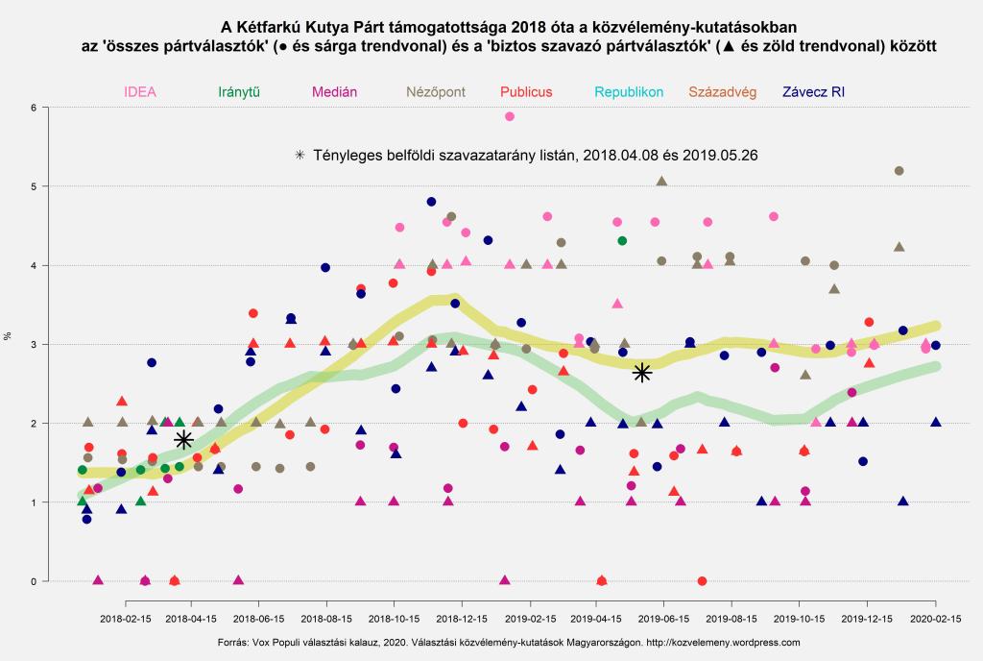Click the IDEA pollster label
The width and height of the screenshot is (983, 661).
pos(139,92)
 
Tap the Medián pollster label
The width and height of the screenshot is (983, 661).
pos(334,92)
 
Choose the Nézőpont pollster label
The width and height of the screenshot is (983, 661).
pos(436,92)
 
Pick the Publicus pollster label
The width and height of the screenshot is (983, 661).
pos(525,92)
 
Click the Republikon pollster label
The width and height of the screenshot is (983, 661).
pos(629,92)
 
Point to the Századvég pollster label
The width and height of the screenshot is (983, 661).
pos(723,92)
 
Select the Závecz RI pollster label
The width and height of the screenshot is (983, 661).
pos(813,92)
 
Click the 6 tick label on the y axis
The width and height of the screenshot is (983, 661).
pos(33,108)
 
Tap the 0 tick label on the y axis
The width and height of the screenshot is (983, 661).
pos(33,581)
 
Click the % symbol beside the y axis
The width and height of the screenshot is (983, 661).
pos(9,335)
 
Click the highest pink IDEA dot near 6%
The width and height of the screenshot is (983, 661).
pos(510,116)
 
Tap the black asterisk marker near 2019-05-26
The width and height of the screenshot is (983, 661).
pos(642,372)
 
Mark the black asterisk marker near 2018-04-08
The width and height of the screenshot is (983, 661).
pos(184,440)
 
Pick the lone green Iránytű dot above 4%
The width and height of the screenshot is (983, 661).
pos(622,240)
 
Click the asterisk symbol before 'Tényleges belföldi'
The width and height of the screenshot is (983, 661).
pos(300,154)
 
